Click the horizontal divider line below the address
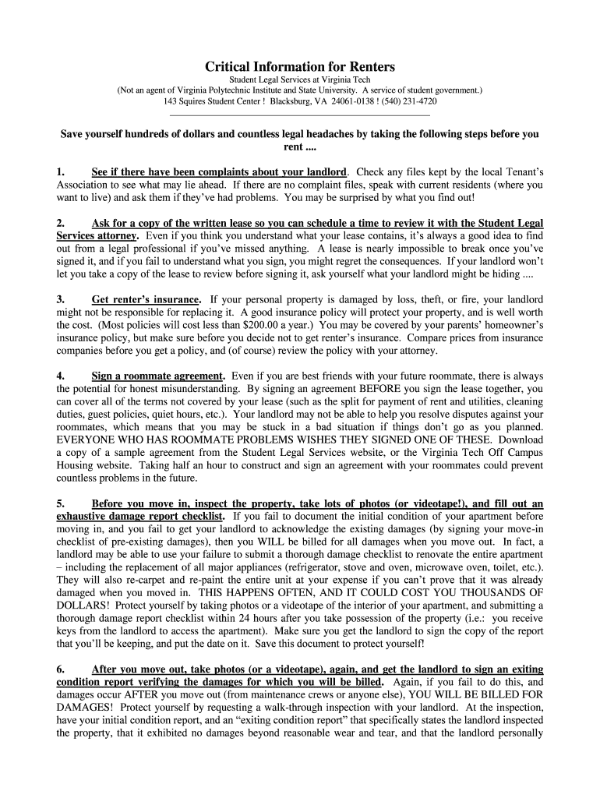click(x=300, y=115)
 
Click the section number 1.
click(x=61, y=171)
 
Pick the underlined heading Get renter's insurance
click(x=146, y=299)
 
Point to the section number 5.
click(x=61, y=503)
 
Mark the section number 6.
click(x=61, y=669)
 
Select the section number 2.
click(x=61, y=223)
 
